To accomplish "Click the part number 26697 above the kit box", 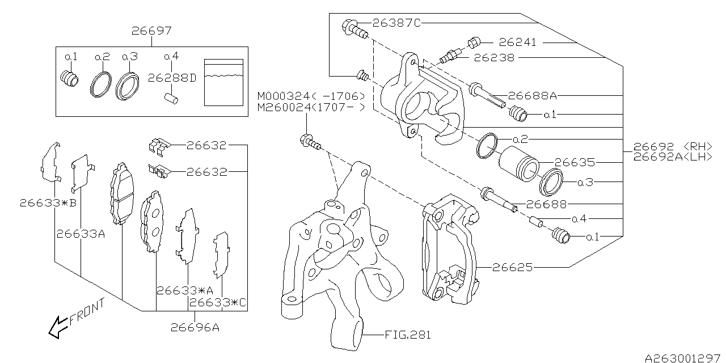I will point(152,31).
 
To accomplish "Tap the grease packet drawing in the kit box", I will point(223,82).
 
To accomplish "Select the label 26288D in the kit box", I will point(172,78).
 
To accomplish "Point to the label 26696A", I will point(195,327).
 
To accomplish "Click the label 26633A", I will point(81,233).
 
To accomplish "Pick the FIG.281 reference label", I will point(408,335).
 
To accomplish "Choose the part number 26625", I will point(513,267).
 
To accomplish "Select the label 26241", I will point(517,42).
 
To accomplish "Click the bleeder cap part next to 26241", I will point(474,41).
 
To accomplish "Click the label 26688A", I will point(533,96).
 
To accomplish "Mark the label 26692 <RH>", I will point(673,146).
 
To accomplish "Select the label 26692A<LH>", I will point(673,157).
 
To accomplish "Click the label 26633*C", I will point(218,302).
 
